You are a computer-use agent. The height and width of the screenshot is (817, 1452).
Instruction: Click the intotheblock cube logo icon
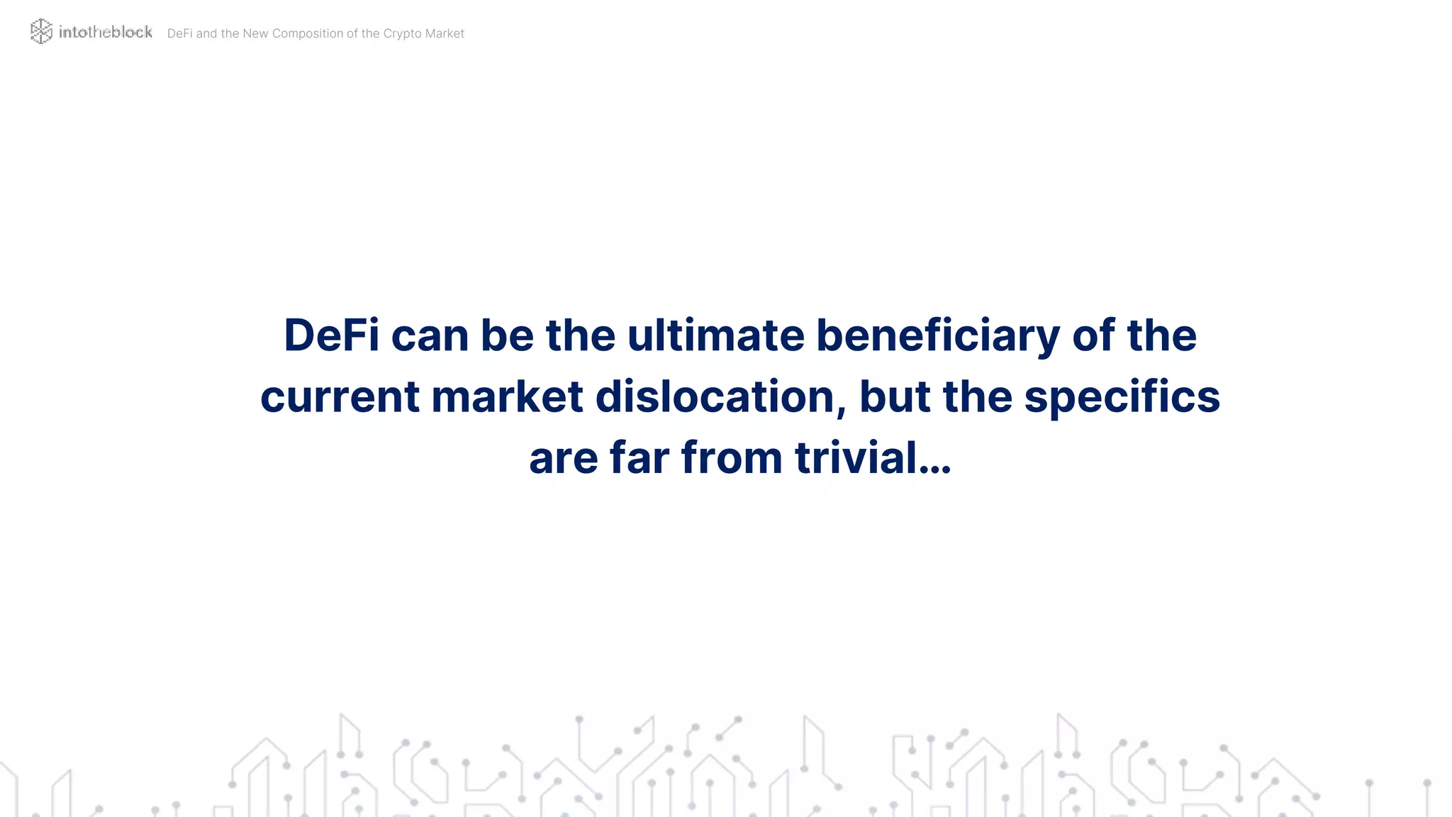(41, 31)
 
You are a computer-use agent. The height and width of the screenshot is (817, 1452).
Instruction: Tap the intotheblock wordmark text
(106, 32)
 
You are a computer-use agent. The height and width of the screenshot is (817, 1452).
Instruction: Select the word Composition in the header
(308, 33)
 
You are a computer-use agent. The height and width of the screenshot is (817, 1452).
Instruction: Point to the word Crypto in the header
(402, 33)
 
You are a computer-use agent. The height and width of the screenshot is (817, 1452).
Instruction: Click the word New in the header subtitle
(255, 33)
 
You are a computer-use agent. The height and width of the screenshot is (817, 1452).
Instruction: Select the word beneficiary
(937, 336)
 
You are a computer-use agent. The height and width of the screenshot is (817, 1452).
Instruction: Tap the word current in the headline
(340, 396)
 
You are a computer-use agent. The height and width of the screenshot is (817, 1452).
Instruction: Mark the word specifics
(1122, 396)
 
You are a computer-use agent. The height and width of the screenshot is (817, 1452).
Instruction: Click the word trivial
(856, 457)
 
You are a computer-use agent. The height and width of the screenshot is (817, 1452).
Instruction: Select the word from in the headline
(732, 457)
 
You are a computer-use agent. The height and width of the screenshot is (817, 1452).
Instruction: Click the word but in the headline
(894, 396)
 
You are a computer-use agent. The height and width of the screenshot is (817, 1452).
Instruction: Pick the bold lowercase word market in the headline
(507, 396)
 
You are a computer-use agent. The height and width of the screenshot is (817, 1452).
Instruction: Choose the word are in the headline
(563, 459)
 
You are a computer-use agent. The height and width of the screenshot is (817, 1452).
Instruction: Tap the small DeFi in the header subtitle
(179, 33)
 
